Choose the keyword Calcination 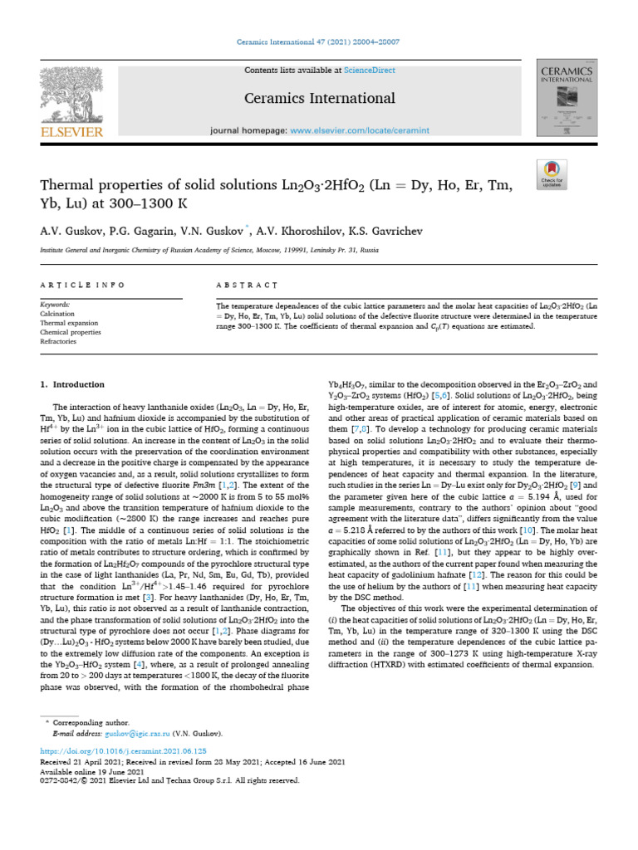[57, 314]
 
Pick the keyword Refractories [58, 341]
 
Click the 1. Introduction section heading [73, 384]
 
